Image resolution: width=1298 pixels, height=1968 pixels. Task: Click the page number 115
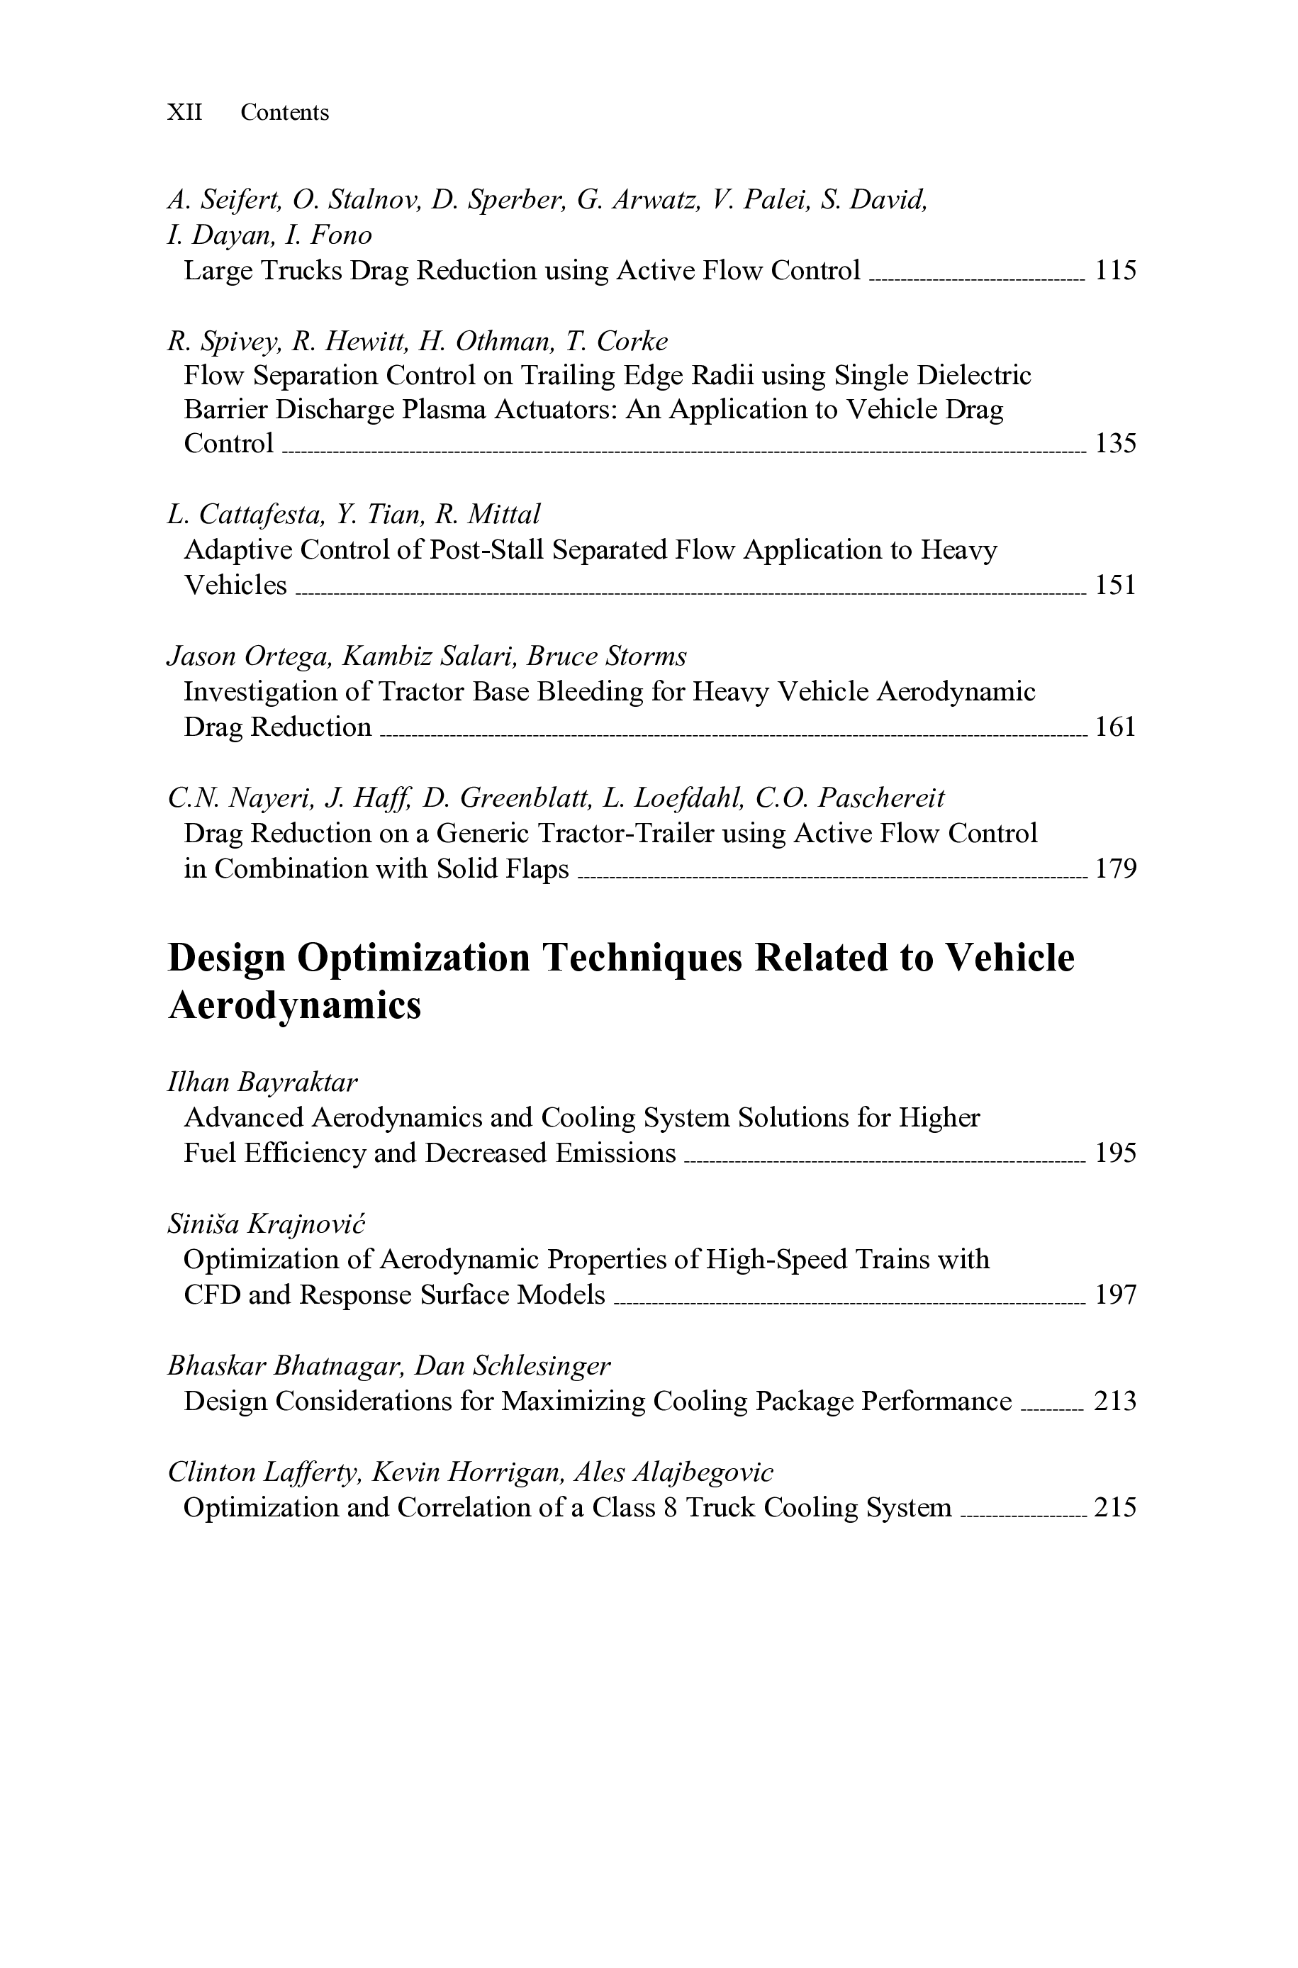[x=1115, y=271]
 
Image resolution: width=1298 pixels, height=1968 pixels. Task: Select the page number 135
[x=1115, y=444]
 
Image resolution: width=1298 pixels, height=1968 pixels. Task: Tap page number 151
[x=1115, y=585]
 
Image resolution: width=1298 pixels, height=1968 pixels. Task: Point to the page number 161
[x=1115, y=727]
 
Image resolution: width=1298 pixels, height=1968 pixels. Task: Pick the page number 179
[x=1115, y=868]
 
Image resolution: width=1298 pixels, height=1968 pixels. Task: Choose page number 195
[x=1115, y=1153]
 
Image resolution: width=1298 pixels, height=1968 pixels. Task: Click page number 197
[x=1115, y=1295]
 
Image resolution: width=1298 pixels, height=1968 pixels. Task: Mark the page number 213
[x=1115, y=1401]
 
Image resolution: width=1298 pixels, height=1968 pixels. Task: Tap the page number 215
[x=1115, y=1507]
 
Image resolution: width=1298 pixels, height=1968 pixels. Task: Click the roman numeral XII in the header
[x=184, y=112]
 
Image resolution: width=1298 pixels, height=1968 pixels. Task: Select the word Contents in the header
[x=285, y=112]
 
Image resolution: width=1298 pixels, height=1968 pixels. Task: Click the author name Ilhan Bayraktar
[x=262, y=1082]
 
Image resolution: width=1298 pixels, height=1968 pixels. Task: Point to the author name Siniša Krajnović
[x=267, y=1223]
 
